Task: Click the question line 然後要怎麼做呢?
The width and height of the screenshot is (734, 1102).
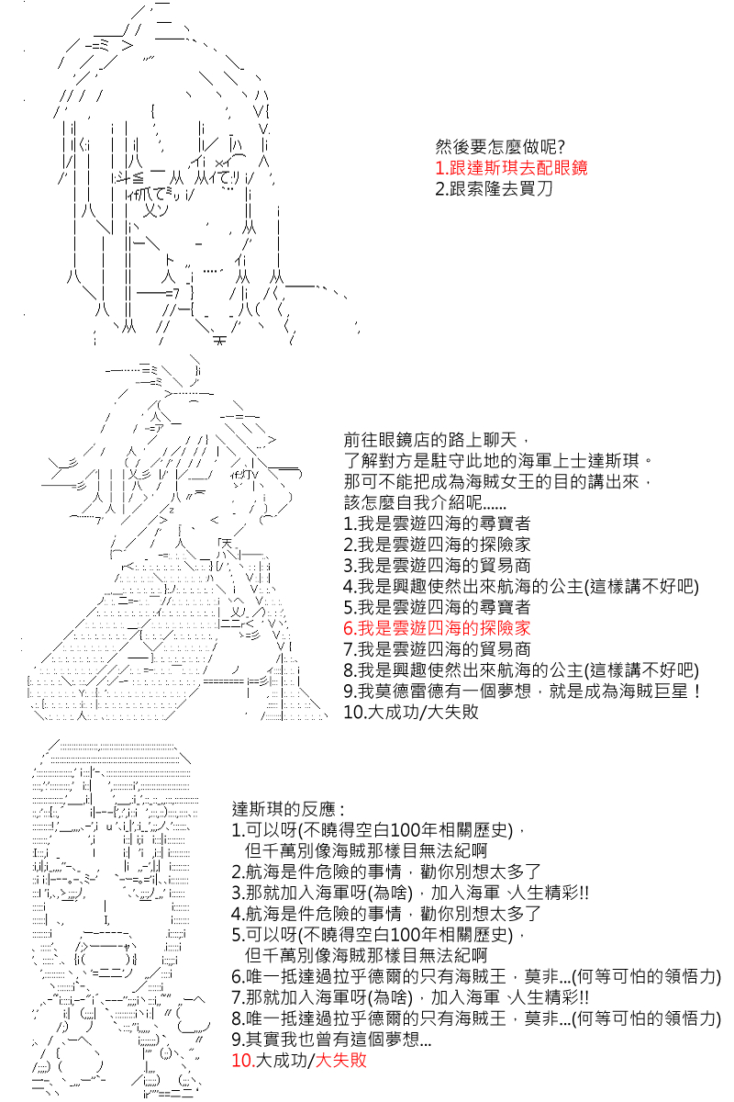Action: click(500, 147)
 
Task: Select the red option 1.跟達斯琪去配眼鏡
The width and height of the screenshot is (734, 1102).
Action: click(511, 168)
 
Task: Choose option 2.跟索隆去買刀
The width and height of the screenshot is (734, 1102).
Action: click(495, 188)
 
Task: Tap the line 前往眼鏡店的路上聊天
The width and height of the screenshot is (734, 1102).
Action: click(437, 440)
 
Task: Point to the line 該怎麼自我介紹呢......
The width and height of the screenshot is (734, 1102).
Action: click(425, 502)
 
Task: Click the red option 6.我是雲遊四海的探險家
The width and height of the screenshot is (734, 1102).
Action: click(437, 628)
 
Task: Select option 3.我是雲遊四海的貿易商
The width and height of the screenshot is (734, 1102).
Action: click(437, 566)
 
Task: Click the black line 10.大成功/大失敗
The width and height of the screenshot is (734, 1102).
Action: click(411, 712)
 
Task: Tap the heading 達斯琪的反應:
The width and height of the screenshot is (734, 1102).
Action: click(289, 809)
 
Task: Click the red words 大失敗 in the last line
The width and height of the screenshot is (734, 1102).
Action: click(340, 1060)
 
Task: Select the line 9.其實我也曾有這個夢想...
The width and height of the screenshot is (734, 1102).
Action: click(332, 1040)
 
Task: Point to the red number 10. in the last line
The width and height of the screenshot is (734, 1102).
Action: click(243, 1060)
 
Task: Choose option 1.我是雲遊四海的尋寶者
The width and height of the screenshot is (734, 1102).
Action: click(437, 523)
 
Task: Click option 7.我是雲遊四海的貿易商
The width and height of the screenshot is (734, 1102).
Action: click(437, 649)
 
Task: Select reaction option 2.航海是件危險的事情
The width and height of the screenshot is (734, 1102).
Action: click(386, 872)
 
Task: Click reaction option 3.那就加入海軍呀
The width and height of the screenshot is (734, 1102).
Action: click(410, 893)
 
